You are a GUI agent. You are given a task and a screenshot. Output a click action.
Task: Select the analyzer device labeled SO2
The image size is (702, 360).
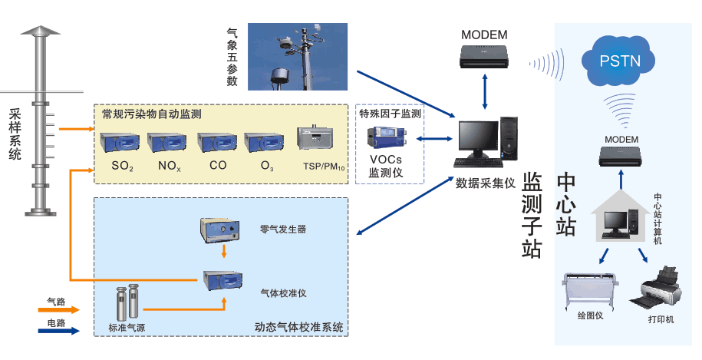pos(120,143)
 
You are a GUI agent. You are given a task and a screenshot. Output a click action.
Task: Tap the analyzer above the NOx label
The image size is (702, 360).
pos(168,143)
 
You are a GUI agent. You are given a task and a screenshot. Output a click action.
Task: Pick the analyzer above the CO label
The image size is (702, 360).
pos(217,143)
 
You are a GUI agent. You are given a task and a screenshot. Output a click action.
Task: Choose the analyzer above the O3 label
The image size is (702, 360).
pos(265,143)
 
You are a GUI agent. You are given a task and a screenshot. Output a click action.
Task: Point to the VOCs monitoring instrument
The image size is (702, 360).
pos(385,138)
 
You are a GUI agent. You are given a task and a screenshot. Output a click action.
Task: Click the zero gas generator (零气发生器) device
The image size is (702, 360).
pos(219,230)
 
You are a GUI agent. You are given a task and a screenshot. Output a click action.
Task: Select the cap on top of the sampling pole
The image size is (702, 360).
pos(41,31)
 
